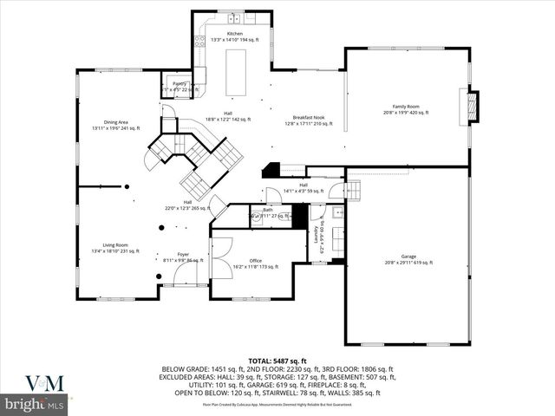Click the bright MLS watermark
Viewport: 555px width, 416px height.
pyautogui.click(x=35, y=404)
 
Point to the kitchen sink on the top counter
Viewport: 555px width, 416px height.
pyautogui.click(x=233, y=18)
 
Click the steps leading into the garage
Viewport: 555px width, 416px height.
pyautogui.click(x=353, y=191)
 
